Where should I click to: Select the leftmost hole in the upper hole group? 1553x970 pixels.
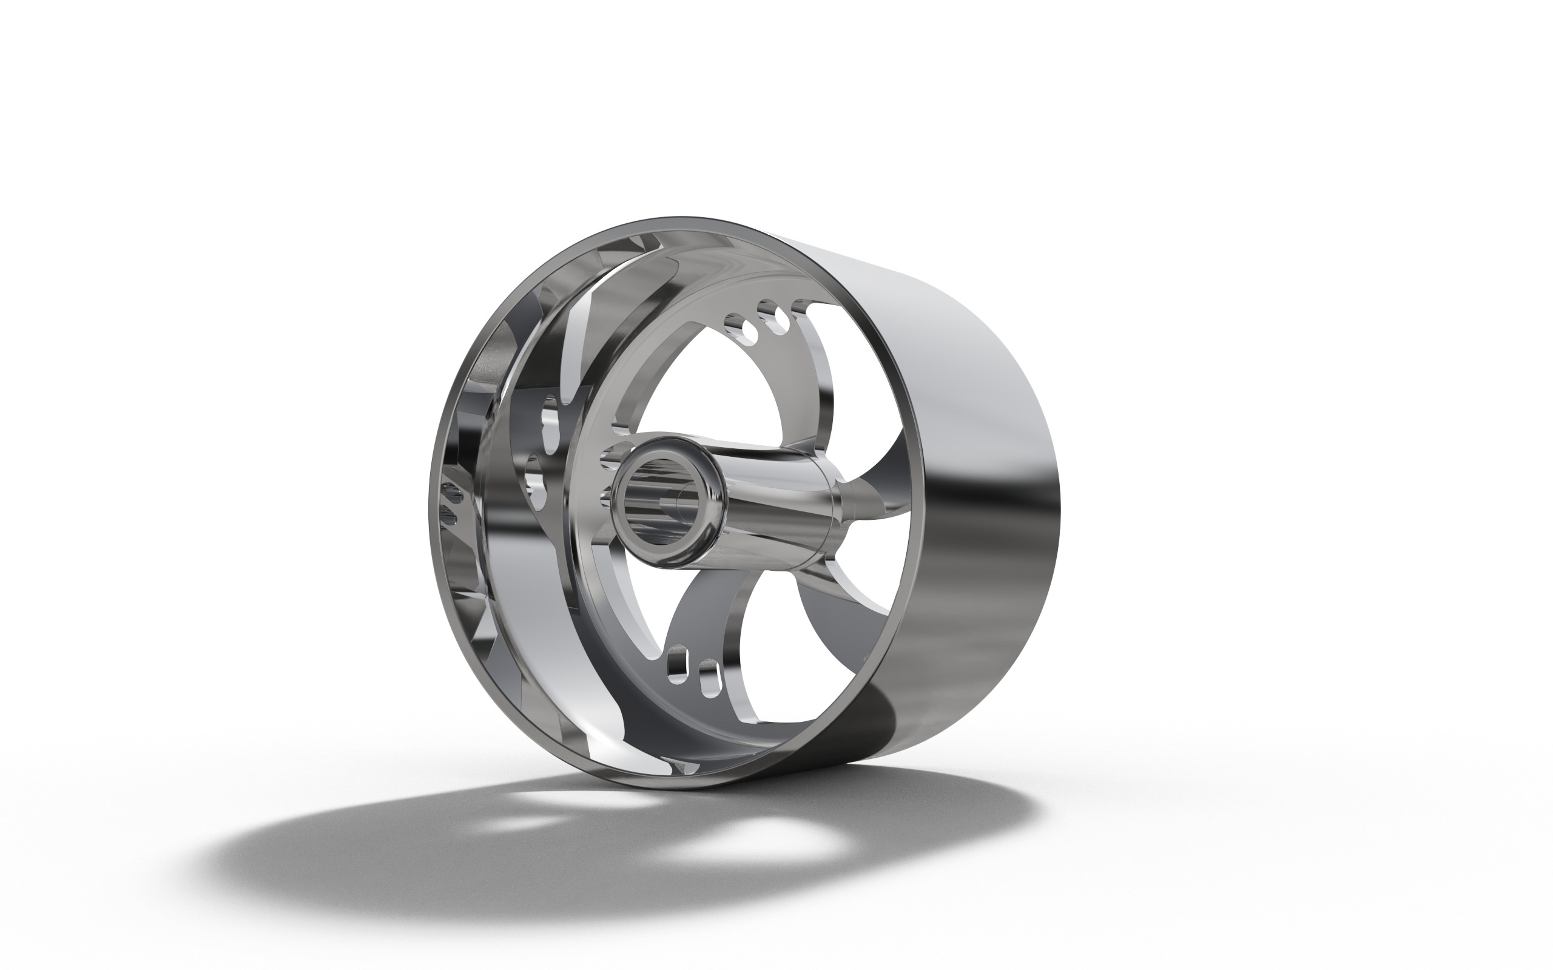[730, 320]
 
